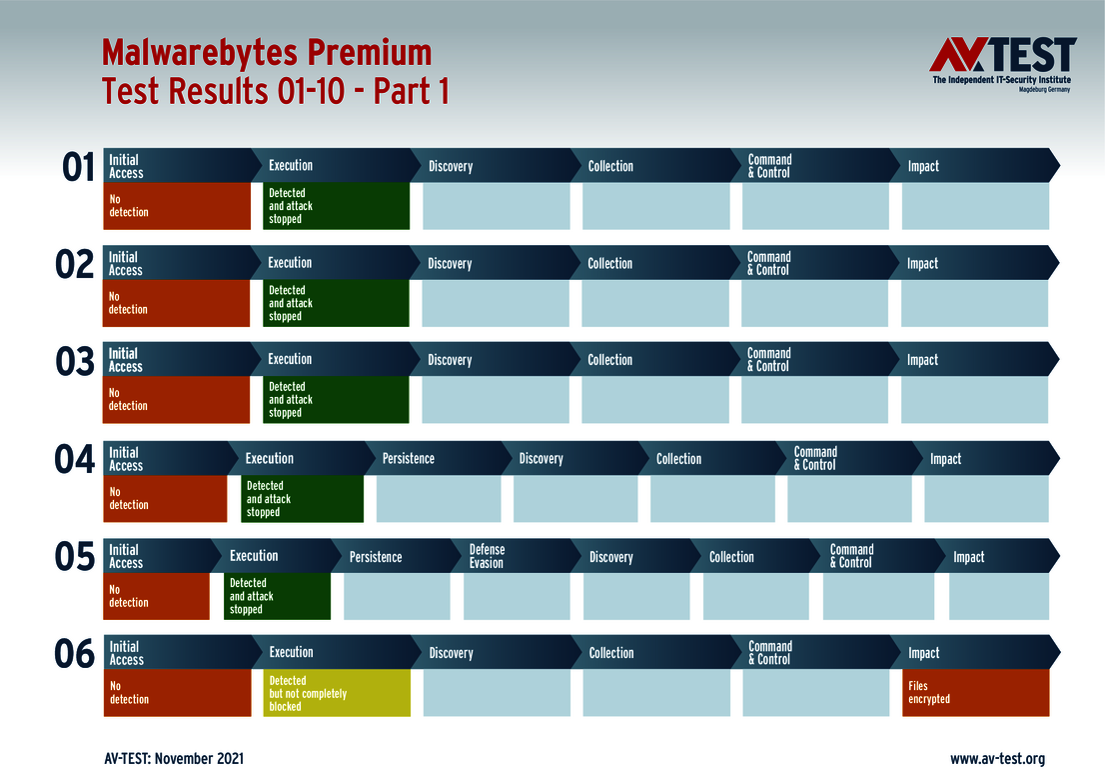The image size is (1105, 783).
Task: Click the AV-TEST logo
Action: click(1002, 64)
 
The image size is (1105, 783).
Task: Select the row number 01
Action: click(79, 167)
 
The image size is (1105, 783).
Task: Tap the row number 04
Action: click(75, 460)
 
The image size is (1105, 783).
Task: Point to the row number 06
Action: click(75, 654)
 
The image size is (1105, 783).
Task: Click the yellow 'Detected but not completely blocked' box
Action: click(337, 693)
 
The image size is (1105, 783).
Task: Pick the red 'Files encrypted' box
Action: click(975, 693)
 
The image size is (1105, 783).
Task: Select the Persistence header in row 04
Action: click(409, 459)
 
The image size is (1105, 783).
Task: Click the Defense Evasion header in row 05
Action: click(487, 556)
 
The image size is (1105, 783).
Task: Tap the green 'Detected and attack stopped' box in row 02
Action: click(336, 303)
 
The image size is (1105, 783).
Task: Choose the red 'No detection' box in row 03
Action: click(177, 400)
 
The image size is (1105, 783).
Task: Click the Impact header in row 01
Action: click(923, 166)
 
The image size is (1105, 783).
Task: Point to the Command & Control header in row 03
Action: click(769, 360)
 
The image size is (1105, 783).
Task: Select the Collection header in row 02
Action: click(609, 263)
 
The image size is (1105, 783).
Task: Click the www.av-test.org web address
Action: click(996, 759)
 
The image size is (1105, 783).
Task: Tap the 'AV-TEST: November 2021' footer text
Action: click(173, 759)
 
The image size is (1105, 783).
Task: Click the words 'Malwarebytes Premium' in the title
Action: click(267, 52)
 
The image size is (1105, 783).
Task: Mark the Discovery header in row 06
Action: click(451, 653)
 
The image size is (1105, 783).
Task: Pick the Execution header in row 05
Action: click(254, 556)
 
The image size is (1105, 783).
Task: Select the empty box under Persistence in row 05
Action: click(397, 597)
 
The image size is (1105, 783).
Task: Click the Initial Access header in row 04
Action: click(126, 459)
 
